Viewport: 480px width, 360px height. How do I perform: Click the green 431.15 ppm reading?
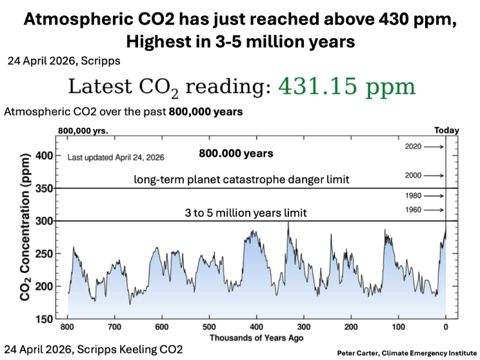coord(345,87)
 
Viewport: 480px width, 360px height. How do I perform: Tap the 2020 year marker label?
coord(414,147)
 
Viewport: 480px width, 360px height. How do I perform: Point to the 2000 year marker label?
coord(414,175)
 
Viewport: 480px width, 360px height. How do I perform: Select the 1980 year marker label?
coord(414,195)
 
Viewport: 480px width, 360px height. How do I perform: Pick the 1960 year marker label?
coord(414,210)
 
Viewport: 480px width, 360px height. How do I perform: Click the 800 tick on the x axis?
coord(68,327)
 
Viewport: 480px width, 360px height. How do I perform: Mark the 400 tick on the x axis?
coord(257,327)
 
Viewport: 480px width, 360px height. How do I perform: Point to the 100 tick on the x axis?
coord(398,327)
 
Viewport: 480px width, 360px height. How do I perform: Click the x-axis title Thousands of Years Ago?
coord(256,338)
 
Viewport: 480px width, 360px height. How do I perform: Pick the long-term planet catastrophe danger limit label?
coord(241,180)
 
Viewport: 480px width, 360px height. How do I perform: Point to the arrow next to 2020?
coord(435,147)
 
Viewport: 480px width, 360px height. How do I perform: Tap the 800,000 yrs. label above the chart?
coord(83,130)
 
